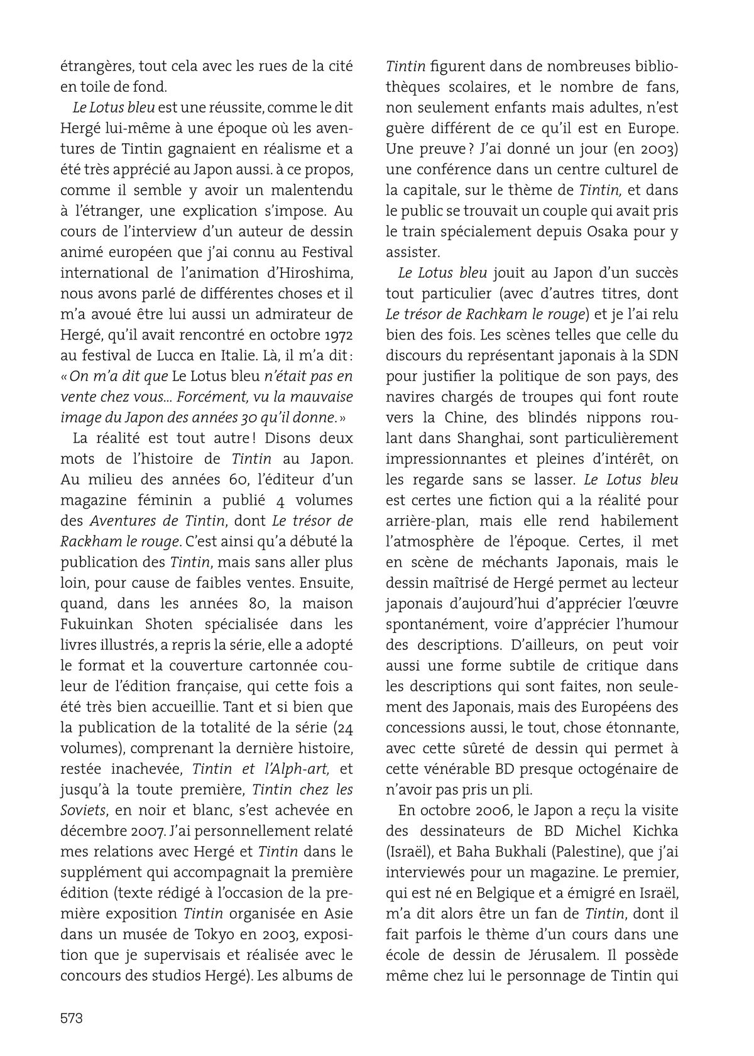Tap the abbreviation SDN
point(662,355)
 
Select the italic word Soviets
point(82,810)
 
